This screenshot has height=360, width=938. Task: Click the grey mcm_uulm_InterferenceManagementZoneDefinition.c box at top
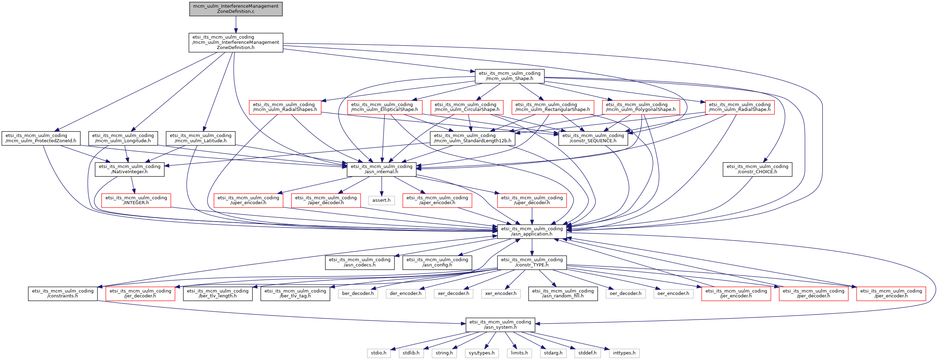(x=236, y=9)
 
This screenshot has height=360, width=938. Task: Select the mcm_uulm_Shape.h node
(x=510, y=76)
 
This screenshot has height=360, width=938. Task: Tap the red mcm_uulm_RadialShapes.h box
(x=285, y=107)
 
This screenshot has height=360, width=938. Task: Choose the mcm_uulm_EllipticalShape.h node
(x=385, y=107)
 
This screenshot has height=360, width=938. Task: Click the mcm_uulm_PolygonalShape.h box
(x=640, y=107)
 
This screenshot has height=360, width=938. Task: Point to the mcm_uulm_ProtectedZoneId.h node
(x=41, y=138)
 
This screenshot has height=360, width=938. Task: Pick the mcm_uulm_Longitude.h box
(x=123, y=138)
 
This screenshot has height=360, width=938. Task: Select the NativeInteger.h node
(x=129, y=169)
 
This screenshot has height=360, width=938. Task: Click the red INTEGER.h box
(x=136, y=201)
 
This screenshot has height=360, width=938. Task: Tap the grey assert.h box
(x=381, y=200)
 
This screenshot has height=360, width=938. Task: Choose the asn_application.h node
(x=531, y=232)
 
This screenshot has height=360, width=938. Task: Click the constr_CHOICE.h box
(x=757, y=169)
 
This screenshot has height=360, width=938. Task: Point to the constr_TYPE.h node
(x=531, y=263)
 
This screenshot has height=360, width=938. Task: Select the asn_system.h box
(x=500, y=325)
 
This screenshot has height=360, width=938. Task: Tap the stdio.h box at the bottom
(x=379, y=353)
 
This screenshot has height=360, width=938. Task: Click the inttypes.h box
(x=624, y=353)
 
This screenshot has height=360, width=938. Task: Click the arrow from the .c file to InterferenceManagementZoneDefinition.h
(x=236, y=25)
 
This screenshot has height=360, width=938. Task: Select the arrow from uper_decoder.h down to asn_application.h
(x=531, y=216)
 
